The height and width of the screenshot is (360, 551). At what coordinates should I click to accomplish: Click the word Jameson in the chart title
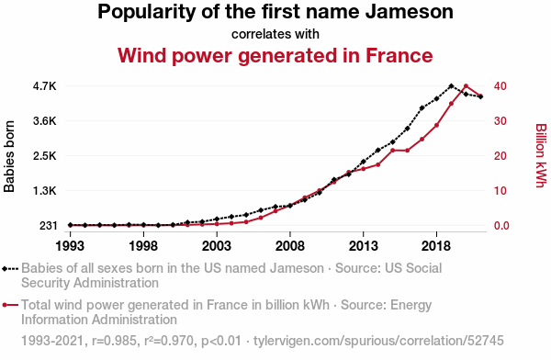coord(410,12)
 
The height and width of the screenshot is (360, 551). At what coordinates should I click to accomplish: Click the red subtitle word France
coord(399,55)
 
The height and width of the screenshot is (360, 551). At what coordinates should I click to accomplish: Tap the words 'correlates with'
coord(275,34)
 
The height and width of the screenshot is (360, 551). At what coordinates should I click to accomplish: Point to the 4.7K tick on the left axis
coord(45,86)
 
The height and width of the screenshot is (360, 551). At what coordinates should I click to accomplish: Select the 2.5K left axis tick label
coord(45,156)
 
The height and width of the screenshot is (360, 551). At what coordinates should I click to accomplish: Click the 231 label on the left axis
coord(48,225)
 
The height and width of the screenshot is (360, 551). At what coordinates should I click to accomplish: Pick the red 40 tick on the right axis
coord(500,86)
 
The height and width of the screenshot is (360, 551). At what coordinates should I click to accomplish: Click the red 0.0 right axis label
coord(501,225)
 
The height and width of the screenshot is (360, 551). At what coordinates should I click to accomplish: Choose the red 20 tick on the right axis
coord(500,156)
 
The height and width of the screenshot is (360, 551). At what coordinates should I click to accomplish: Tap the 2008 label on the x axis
coord(290,246)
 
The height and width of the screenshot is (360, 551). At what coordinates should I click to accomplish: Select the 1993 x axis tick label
coord(71,246)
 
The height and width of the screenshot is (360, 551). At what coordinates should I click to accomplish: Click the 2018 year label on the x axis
coord(436,246)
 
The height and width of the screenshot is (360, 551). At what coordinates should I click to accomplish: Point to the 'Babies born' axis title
coord(9,156)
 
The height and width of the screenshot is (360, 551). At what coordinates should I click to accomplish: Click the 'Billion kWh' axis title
coord(541,155)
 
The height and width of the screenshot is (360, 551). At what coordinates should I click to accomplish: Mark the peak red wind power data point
coord(466,85)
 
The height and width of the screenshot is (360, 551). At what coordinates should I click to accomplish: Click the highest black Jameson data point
coord(451,85)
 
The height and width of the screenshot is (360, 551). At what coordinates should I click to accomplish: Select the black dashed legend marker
coord(10,269)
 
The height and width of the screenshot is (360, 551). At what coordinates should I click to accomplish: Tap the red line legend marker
coord(10,305)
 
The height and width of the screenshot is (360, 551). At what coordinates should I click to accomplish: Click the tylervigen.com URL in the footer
coord(378,341)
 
